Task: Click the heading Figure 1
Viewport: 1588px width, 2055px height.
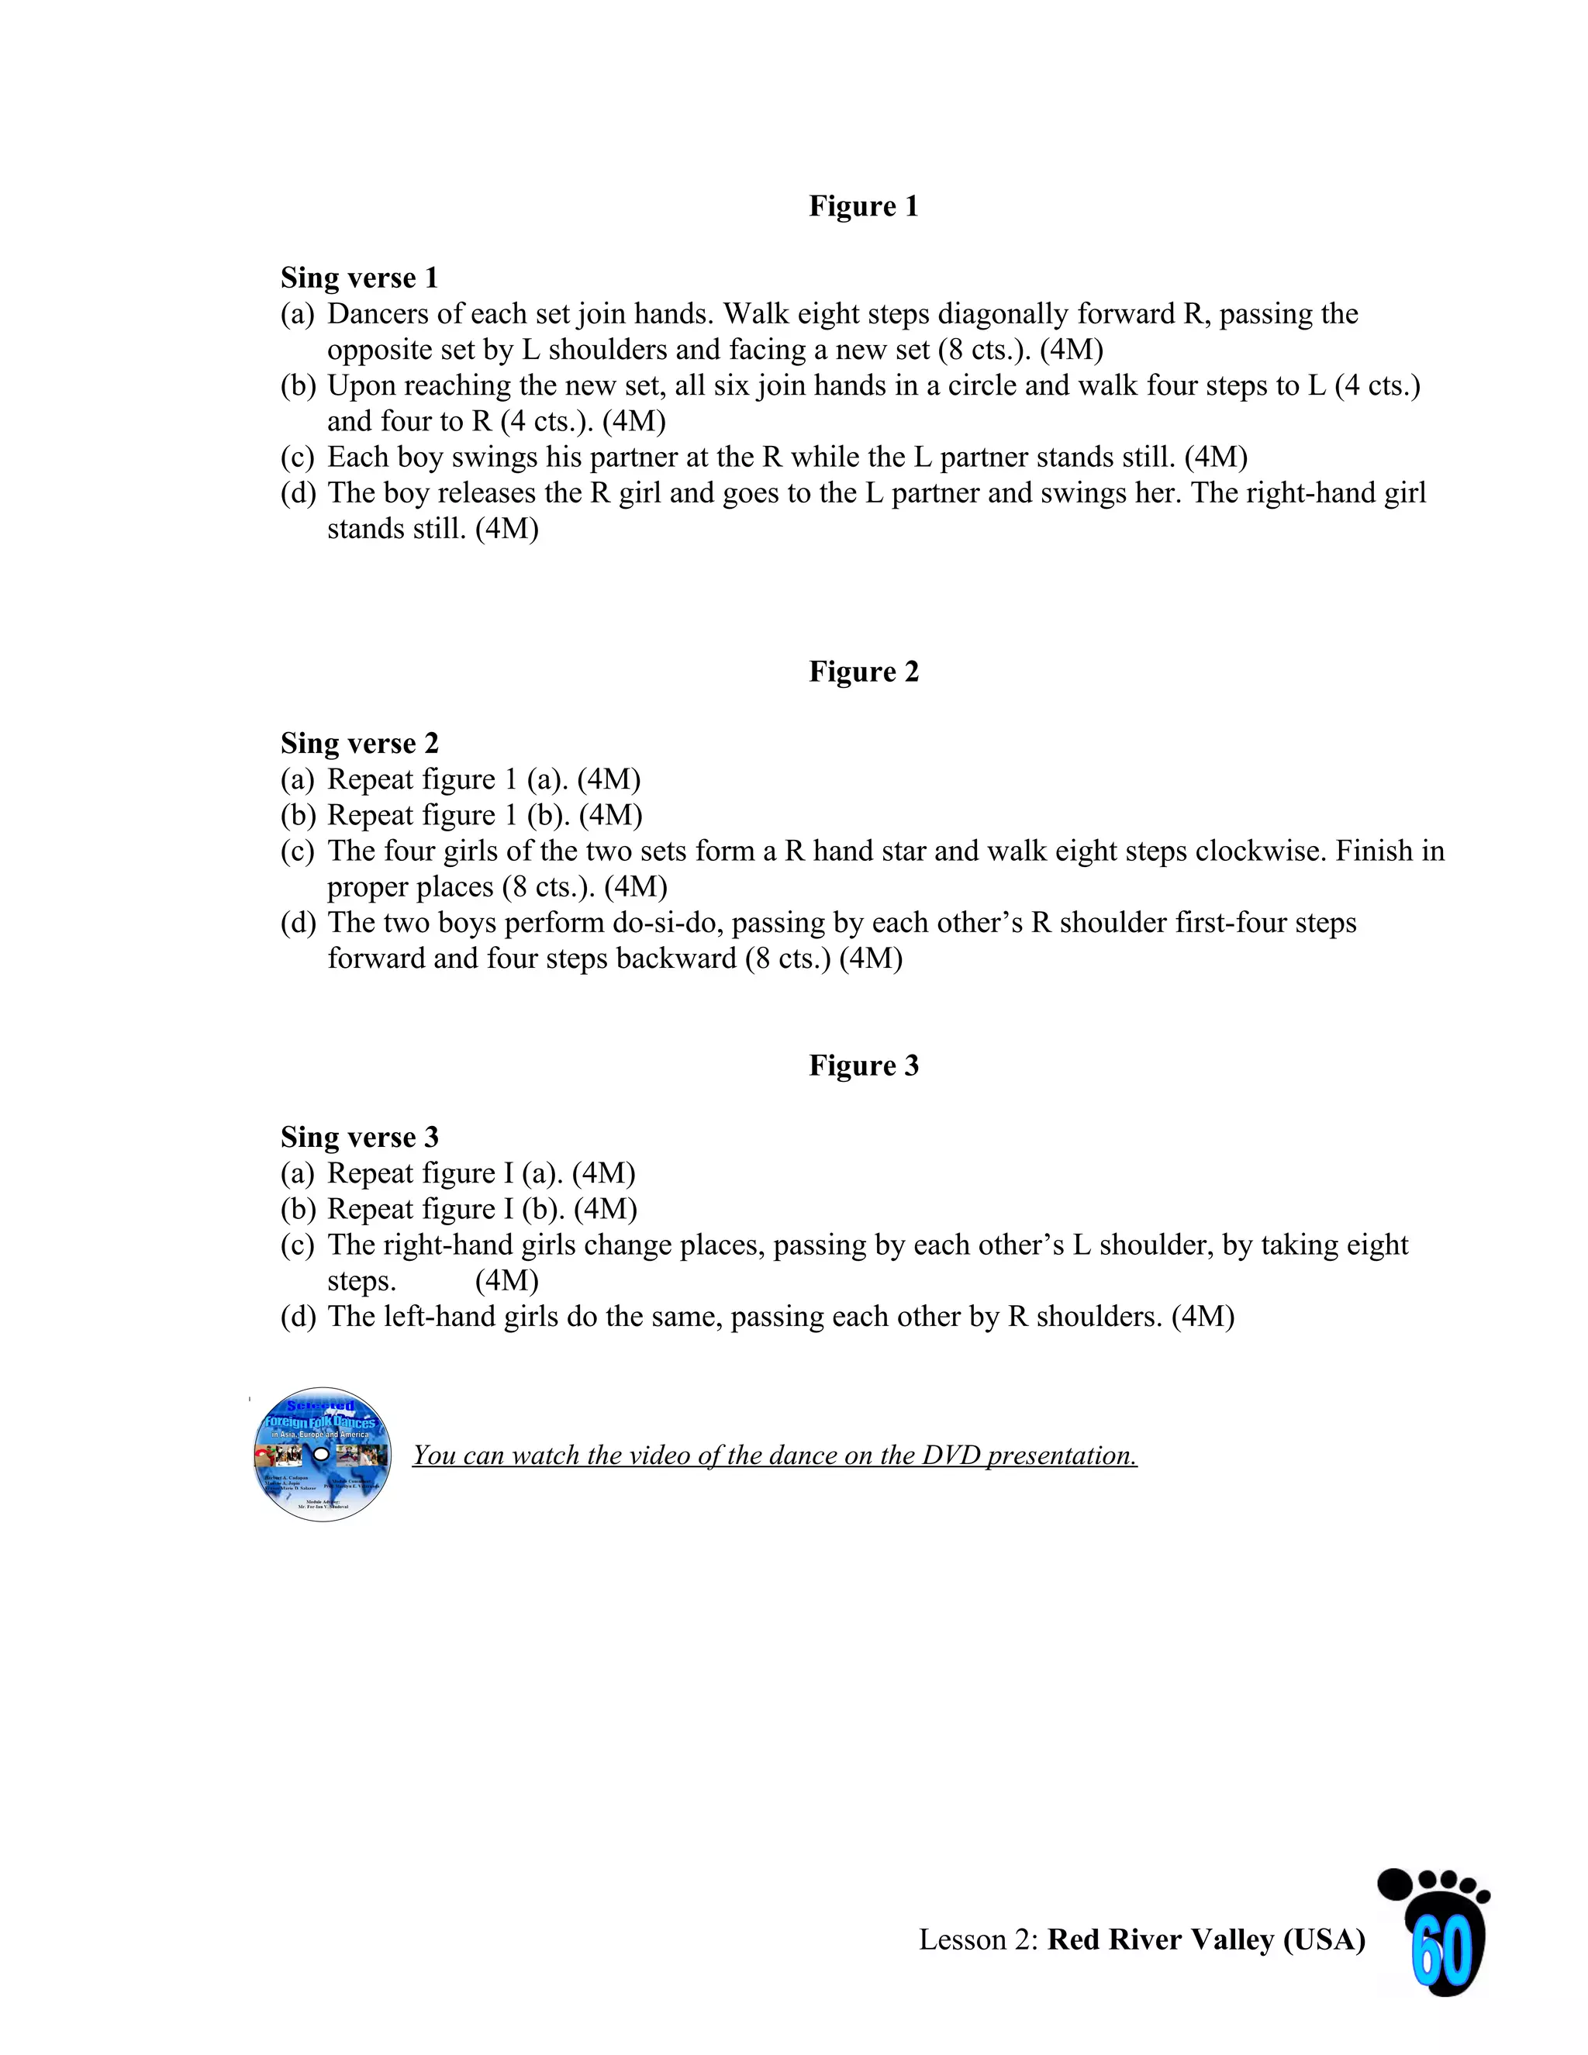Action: [863, 206]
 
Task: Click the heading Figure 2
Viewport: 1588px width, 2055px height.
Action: [863, 672]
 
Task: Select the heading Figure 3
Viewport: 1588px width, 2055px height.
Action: [863, 1065]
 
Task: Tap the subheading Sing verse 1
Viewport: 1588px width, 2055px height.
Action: [359, 278]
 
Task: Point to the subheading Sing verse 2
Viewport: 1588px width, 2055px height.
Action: [359, 744]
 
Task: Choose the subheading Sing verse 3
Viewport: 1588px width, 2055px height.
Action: [359, 1137]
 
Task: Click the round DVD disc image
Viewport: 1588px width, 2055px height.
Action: [323, 1455]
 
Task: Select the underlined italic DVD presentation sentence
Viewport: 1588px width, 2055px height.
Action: [775, 1456]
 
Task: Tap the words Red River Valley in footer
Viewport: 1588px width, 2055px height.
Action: [1160, 1940]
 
